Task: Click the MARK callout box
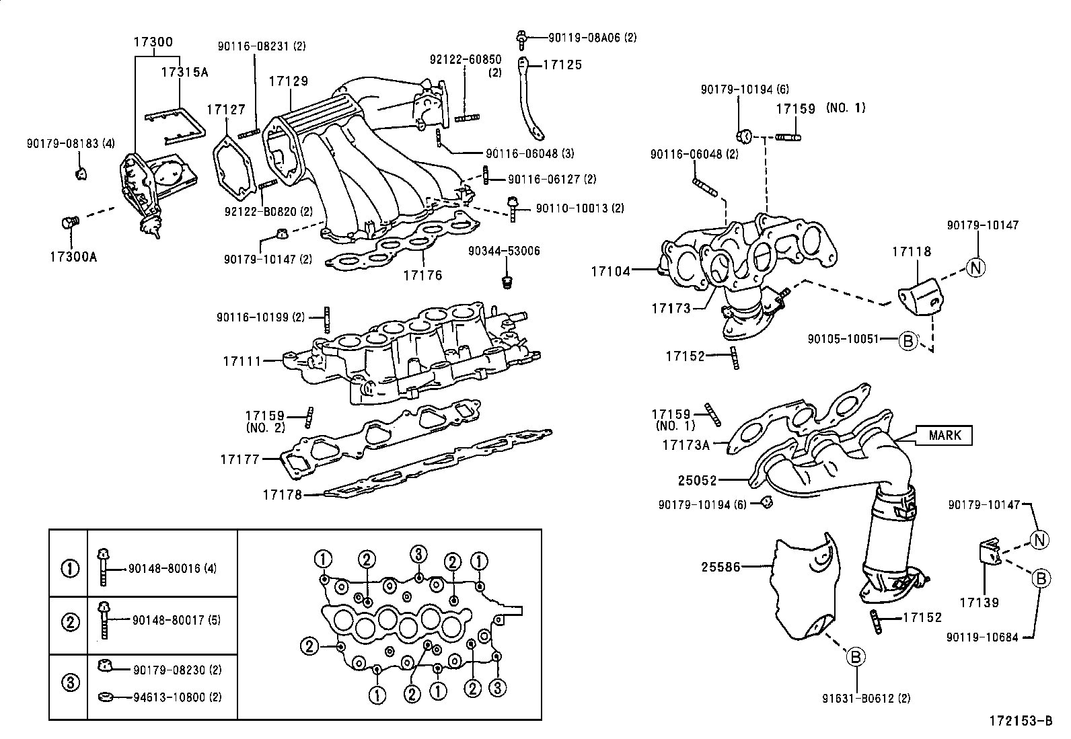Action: pyautogui.click(x=945, y=435)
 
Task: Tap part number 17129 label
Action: pyautogui.click(x=289, y=81)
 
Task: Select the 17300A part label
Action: pyautogui.click(x=73, y=257)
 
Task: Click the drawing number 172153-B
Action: pyautogui.click(x=1020, y=722)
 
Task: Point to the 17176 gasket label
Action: pyautogui.click(x=422, y=274)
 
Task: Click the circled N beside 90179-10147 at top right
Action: pyautogui.click(x=975, y=268)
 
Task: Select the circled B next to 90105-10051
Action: pyautogui.click(x=908, y=340)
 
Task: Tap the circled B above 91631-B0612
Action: pyautogui.click(x=855, y=656)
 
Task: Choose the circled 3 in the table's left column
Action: pyautogui.click(x=70, y=683)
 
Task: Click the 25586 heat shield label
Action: pyautogui.click(x=721, y=567)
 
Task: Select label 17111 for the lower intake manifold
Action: pyautogui.click(x=242, y=361)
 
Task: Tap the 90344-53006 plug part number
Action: pyautogui.click(x=504, y=251)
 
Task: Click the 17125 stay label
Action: pyautogui.click(x=562, y=65)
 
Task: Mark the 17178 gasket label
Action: pyautogui.click(x=282, y=495)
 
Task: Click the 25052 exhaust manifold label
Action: pyautogui.click(x=698, y=481)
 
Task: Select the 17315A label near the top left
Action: pyautogui.click(x=184, y=71)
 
